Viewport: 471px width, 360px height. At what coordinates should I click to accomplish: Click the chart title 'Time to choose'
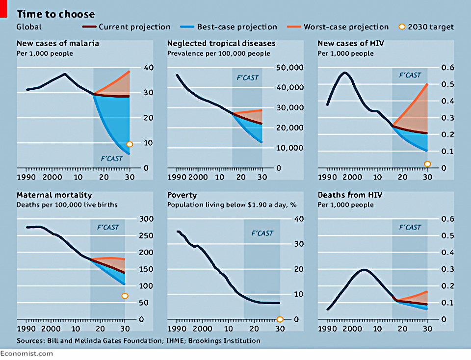[x=55, y=14]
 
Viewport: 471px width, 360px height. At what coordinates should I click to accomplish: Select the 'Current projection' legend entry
[x=126, y=26]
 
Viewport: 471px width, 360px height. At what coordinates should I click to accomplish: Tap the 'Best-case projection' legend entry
[x=228, y=26]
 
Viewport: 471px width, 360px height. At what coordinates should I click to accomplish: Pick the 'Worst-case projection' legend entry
[x=338, y=26]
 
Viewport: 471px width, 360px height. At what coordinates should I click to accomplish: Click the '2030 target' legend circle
[x=402, y=26]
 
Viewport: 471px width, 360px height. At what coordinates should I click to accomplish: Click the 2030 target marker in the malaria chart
[x=130, y=144]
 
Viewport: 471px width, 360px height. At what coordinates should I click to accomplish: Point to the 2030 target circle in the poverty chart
[x=280, y=319]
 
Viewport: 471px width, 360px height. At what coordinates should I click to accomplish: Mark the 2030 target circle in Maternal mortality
[x=125, y=296]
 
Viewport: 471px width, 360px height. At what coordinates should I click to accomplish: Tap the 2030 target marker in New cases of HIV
[x=427, y=164]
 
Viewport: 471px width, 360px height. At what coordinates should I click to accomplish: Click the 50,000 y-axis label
[x=290, y=67]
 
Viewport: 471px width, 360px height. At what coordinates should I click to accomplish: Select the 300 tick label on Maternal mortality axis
[x=146, y=219]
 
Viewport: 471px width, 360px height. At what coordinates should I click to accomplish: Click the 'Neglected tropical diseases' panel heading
[x=221, y=44]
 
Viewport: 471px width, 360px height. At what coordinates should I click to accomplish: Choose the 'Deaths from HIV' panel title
[x=350, y=195]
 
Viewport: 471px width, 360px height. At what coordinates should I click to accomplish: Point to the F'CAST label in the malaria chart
[x=111, y=158]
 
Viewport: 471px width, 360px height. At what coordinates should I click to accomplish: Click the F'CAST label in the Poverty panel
[x=262, y=233]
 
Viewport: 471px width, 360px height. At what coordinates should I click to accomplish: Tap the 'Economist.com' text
[x=26, y=354]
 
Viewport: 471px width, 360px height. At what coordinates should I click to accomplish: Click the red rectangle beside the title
[x=3, y=9]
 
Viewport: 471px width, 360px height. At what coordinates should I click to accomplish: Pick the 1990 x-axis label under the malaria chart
[x=26, y=177]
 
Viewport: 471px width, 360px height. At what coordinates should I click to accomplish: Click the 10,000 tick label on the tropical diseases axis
[x=290, y=148]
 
